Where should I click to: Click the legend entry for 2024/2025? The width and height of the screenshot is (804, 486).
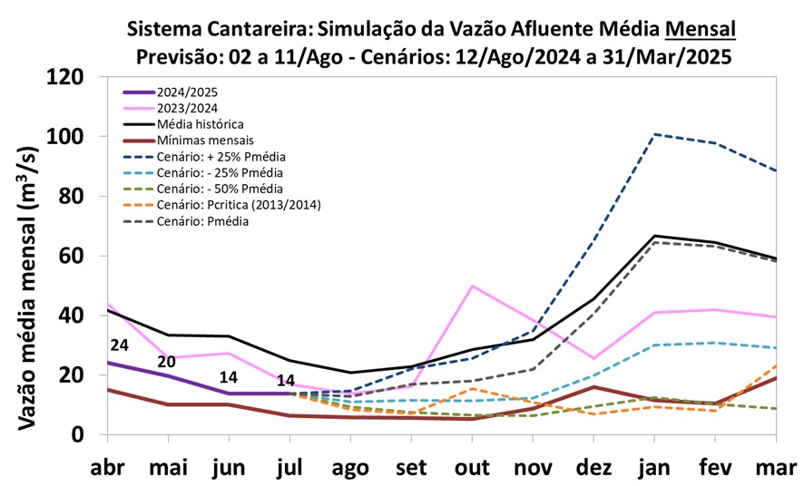(x=187, y=92)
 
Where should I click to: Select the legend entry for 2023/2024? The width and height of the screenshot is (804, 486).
(x=187, y=108)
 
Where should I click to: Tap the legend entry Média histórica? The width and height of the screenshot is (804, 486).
(x=200, y=123)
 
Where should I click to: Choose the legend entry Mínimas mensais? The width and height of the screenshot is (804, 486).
(x=202, y=140)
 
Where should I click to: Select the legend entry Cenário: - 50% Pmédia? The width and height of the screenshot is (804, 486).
(x=219, y=188)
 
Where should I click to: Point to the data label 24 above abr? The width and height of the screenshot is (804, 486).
(x=119, y=345)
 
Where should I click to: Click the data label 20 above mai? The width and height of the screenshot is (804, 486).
(x=167, y=361)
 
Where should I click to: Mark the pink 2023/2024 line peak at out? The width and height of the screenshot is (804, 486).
(x=472, y=286)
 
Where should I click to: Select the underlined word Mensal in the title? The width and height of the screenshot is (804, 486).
(x=700, y=29)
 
